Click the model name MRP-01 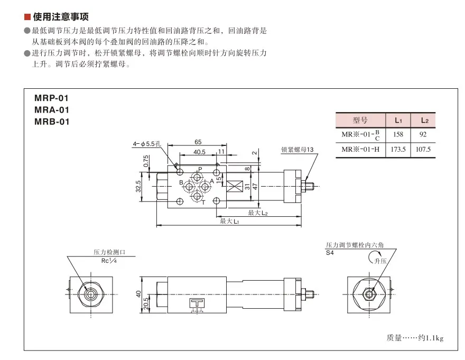tap(51, 98)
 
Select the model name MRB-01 tap(51, 122)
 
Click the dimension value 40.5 tap(199, 152)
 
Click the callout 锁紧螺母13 tap(297, 150)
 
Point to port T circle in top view tap(198, 197)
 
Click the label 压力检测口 tap(111, 253)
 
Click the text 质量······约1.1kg tap(415, 337)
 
